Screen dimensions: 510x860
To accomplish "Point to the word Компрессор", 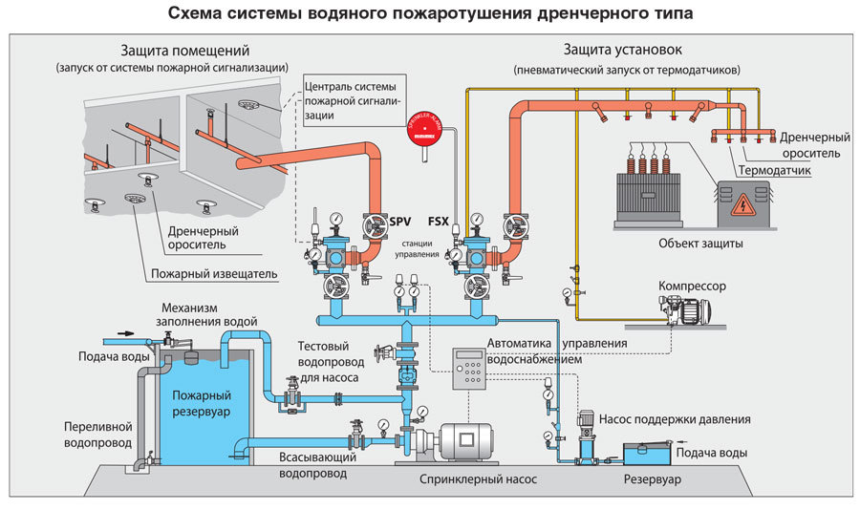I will pyautogui.click(x=692, y=286).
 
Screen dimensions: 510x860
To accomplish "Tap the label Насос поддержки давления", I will pyautogui.click(x=674, y=419).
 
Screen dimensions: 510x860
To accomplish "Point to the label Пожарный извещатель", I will pyautogui.click(x=214, y=274).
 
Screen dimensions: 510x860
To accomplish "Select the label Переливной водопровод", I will pyautogui.click(x=97, y=436).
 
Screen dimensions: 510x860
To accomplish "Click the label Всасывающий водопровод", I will pyautogui.click(x=318, y=465).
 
